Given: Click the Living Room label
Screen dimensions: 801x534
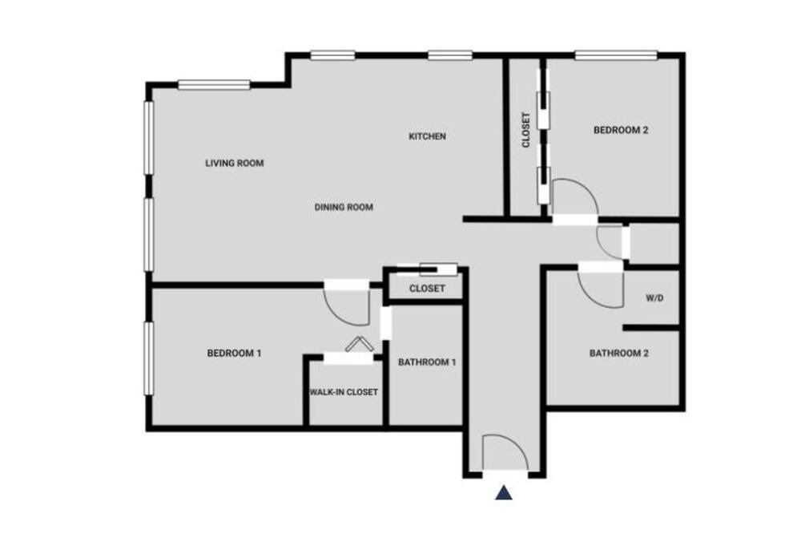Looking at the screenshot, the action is (235, 164).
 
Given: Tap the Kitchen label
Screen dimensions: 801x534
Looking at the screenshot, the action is (427, 136).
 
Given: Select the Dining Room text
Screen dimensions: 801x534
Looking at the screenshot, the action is (344, 207).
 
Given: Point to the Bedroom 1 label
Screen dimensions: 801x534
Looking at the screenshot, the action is (234, 353).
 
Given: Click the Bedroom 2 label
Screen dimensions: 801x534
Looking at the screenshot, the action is (621, 130).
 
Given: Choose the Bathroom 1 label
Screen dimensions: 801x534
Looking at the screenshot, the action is (427, 362).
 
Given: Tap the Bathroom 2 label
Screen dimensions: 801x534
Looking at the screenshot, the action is (618, 353).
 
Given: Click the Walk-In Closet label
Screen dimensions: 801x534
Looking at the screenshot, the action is (344, 392).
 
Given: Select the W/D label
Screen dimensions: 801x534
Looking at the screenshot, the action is (654, 297).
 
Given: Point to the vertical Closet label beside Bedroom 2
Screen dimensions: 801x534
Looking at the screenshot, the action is (525, 130).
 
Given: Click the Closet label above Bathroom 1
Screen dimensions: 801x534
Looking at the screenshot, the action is (427, 289).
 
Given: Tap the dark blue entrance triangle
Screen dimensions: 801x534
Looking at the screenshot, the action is (504, 492).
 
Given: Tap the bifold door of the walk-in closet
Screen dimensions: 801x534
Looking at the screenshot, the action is (359, 343).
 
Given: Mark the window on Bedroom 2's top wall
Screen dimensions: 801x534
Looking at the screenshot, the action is (615, 55).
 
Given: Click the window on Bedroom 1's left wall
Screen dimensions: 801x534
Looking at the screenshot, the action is (149, 358).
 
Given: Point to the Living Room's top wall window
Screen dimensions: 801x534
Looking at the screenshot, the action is (214, 84).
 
